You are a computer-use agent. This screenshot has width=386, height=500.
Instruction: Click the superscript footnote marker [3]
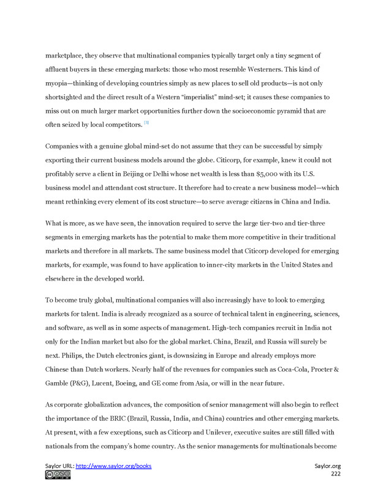click(146, 123)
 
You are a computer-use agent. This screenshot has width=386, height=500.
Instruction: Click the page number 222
click(336, 474)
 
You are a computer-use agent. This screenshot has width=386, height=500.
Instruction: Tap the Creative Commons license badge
click(58, 474)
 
